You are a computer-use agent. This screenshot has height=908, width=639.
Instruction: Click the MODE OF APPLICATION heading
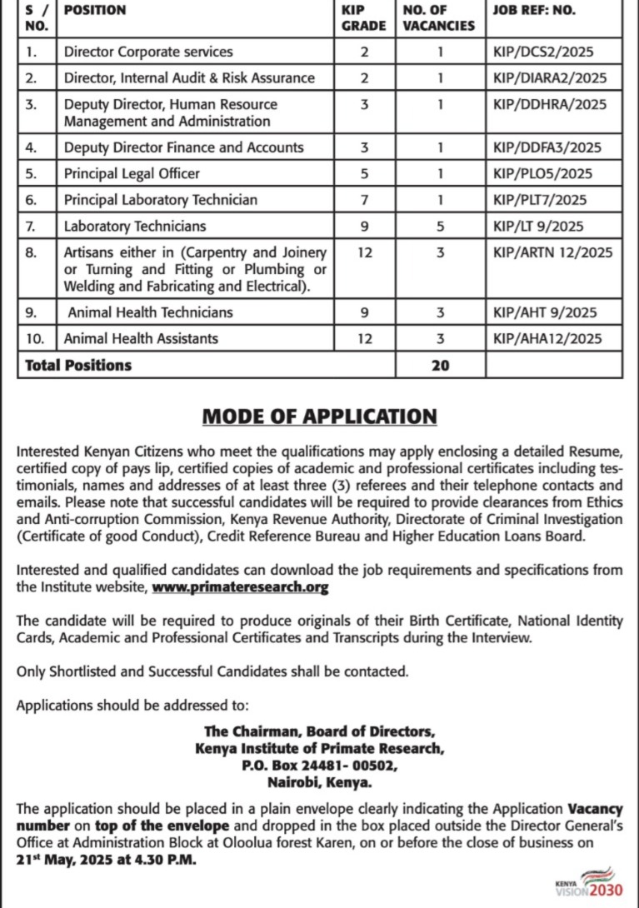tap(320, 416)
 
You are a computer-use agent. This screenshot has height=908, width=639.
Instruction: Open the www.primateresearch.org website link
tap(240, 587)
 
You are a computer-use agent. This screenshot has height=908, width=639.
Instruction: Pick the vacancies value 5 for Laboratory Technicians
tap(439, 226)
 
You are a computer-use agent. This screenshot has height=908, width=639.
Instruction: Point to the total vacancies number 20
tap(440, 365)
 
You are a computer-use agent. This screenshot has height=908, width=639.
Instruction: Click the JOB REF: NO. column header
tap(534, 11)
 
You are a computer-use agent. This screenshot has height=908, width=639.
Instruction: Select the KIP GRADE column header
tap(364, 17)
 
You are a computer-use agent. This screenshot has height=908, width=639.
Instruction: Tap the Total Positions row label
tap(78, 365)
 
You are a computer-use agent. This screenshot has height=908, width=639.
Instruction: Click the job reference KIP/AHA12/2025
tap(547, 338)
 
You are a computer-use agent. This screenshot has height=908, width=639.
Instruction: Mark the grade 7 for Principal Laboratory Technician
tap(364, 200)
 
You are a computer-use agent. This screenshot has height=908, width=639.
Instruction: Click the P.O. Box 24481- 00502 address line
tap(320, 766)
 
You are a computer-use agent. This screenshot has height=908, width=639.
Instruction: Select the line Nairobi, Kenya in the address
tap(320, 783)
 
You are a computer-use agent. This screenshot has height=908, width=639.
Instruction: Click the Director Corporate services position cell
tap(148, 52)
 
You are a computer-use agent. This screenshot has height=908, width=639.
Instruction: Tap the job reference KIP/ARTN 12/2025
tap(552, 252)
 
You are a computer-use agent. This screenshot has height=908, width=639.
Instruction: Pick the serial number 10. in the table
tap(33, 338)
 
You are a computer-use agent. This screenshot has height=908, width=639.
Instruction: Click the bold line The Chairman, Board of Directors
tap(320, 732)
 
